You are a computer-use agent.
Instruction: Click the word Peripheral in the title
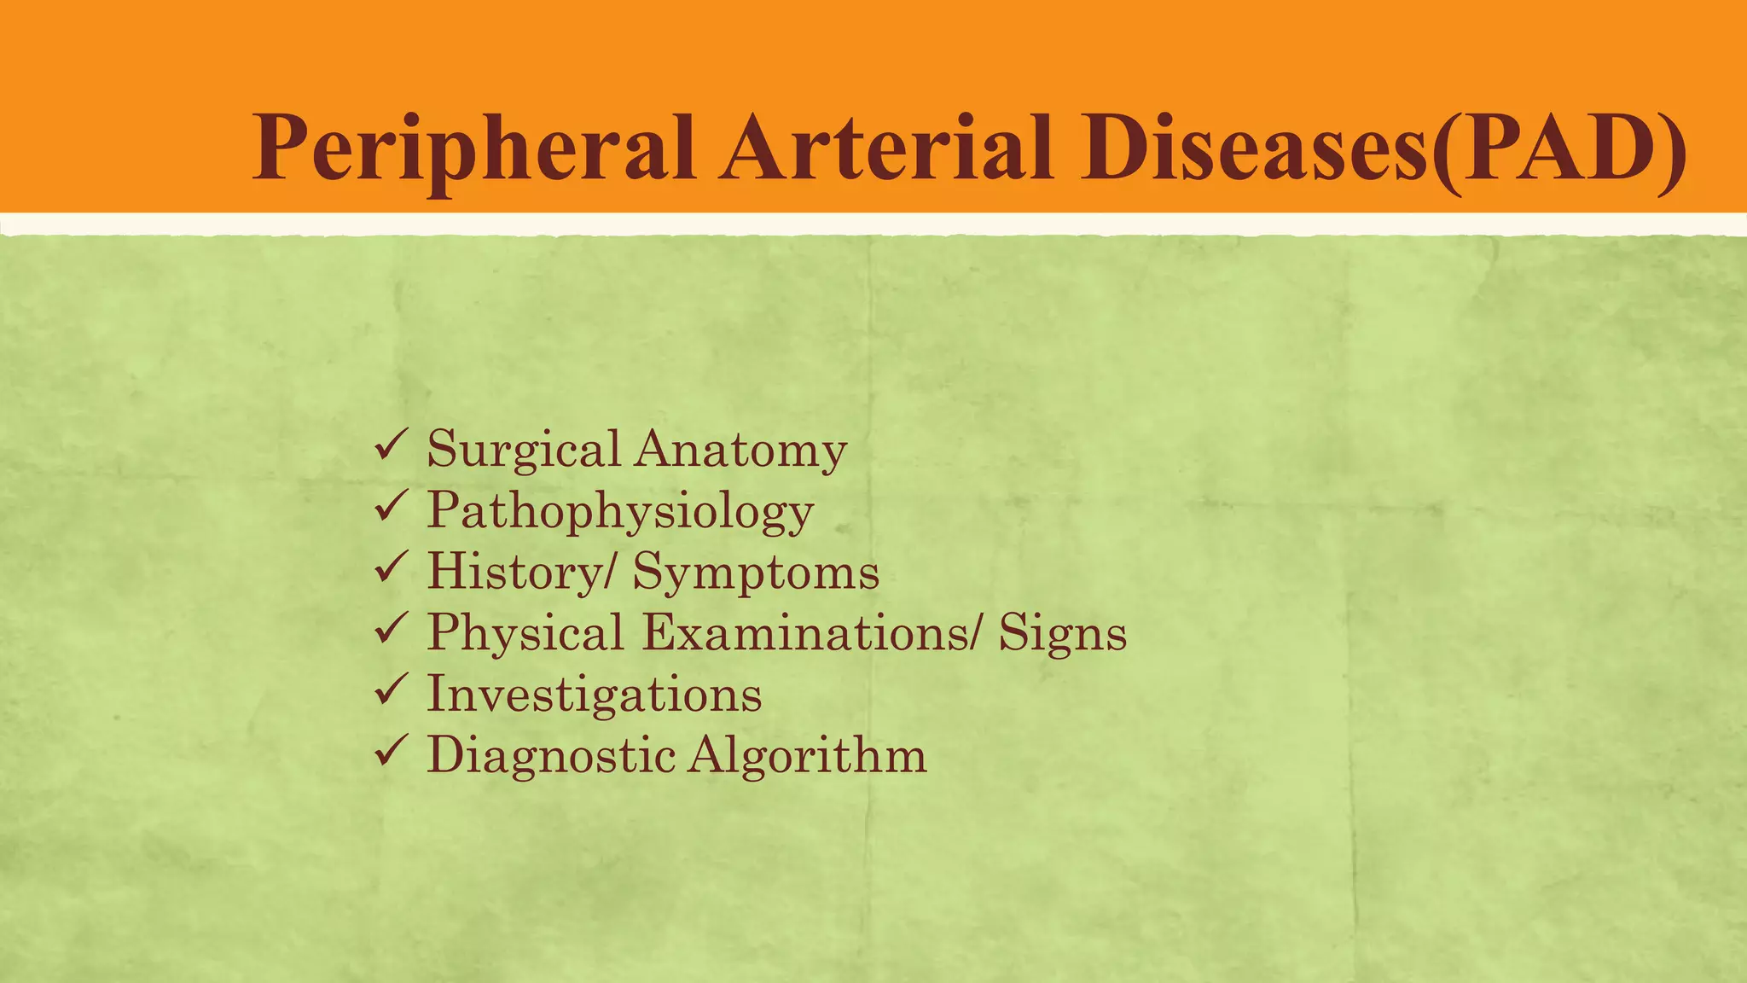click(x=473, y=149)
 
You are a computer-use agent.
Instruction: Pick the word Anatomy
click(x=740, y=451)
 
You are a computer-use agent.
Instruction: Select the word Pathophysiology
click(x=620, y=512)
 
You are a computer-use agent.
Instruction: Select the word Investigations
click(x=595, y=695)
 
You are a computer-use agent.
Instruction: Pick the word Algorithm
click(x=807, y=756)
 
